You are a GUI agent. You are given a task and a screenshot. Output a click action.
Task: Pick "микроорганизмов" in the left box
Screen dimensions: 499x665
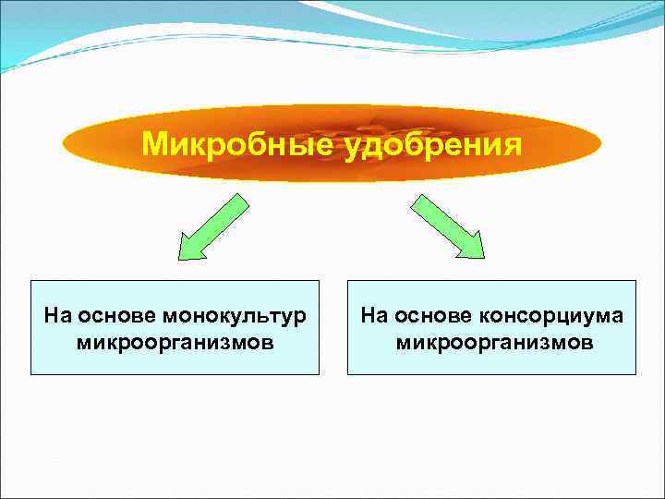[x=175, y=343]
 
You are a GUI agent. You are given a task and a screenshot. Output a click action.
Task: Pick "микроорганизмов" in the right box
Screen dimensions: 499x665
[x=494, y=343]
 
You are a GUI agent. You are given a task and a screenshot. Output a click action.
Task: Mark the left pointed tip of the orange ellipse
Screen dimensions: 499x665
[x=64, y=143]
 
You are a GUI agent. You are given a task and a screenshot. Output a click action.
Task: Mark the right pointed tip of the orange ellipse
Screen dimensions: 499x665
[x=601, y=143]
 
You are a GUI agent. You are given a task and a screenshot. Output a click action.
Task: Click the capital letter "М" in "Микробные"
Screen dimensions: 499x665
[x=154, y=145]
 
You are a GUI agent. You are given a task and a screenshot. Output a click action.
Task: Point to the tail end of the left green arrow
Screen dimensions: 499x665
[x=241, y=201]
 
